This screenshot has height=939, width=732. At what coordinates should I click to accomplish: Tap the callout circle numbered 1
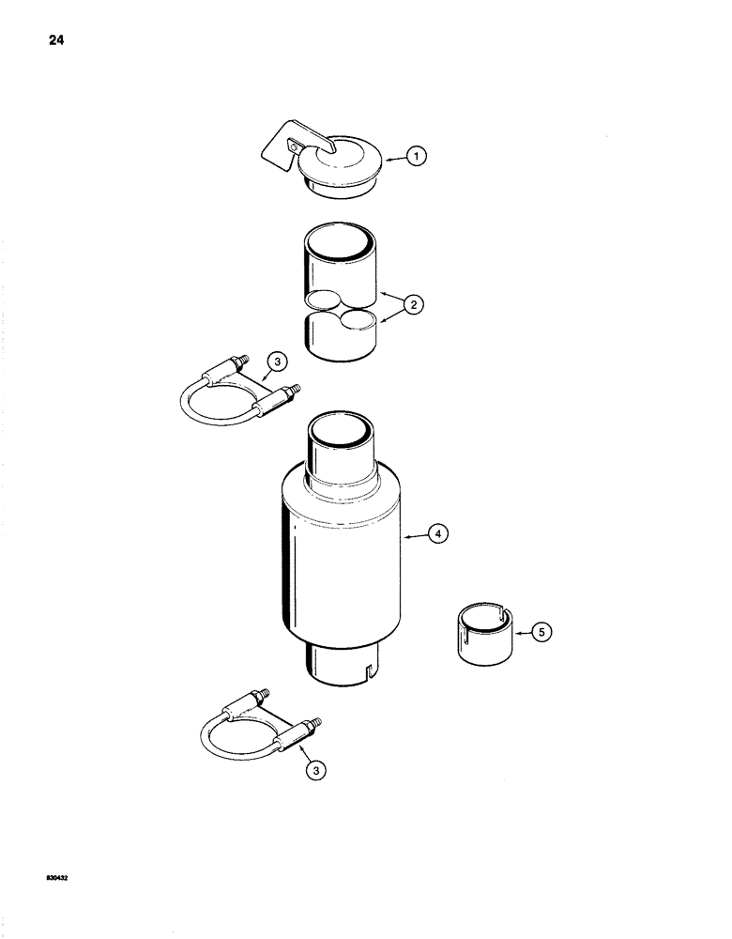click(x=418, y=159)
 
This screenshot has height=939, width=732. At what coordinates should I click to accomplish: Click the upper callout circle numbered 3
click(x=276, y=361)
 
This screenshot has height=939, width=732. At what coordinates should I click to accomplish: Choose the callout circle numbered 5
click(x=541, y=632)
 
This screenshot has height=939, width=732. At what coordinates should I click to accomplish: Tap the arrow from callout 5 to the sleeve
click(x=519, y=632)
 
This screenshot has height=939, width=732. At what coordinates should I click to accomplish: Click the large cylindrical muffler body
click(x=340, y=563)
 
